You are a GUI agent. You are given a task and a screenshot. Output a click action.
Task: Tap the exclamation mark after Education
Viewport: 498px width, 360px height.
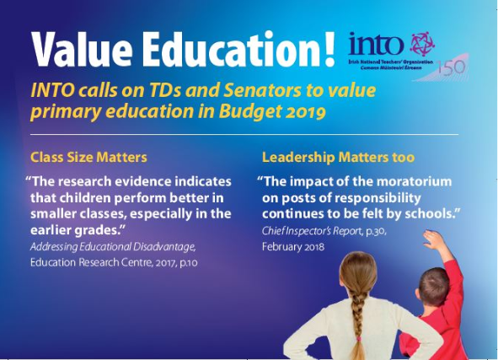329,49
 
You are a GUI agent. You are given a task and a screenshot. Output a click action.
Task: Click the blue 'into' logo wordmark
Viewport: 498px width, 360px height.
377,44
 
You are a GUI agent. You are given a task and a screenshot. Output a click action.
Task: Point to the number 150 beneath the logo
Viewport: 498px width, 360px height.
451,67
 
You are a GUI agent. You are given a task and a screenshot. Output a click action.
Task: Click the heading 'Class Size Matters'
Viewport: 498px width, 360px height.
88,158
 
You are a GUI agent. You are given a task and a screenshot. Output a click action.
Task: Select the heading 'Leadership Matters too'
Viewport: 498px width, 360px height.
338,158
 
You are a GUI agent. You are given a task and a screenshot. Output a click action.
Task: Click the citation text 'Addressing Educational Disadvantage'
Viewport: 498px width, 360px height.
113,247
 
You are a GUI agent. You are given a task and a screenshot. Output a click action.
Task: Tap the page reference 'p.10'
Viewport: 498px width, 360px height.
189,263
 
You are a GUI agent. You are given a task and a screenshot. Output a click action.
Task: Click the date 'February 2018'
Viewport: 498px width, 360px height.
293,247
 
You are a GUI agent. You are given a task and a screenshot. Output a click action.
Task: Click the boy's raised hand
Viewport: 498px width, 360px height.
434,240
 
